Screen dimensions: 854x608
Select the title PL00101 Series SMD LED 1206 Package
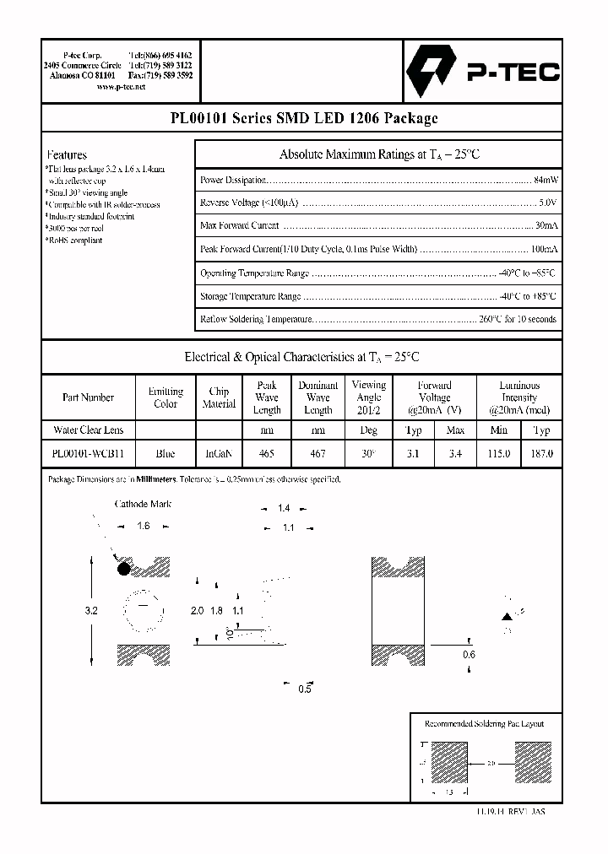pyautogui.click(x=303, y=119)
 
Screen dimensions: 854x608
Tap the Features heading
pyautogui.click(x=67, y=155)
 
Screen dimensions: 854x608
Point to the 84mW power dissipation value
pyautogui.click(x=546, y=180)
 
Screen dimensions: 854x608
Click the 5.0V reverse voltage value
pyautogui.click(x=547, y=203)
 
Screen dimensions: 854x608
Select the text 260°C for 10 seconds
pyautogui.click(x=517, y=320)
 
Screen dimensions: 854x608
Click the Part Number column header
pyautogui.click(x=88, y=397)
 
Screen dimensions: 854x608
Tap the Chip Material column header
pyautogui.click(x=219, y=397)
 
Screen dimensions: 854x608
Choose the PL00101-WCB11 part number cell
pyautogui.click(x=88, y=453)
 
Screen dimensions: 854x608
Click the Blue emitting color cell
pyautogui.click(x=166, y=453)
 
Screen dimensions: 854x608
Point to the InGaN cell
pyautogui.click(x=219, y=453)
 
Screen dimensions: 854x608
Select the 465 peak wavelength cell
pyautogui.click(x=267, y=453)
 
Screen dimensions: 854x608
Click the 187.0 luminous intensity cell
pyautogui.click(x=541, y=453)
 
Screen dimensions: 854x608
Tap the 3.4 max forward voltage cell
pyautogui.click(x=455, y=453)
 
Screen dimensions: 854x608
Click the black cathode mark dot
pyautogui.click(x=124, y=569)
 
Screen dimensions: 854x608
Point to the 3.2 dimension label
pyautogui.click(x=92, y=610)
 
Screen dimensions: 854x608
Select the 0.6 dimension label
pyautogui.click(x=469, y=655)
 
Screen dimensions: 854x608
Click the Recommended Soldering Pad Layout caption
pyautogui.click(x=484, y=724)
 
